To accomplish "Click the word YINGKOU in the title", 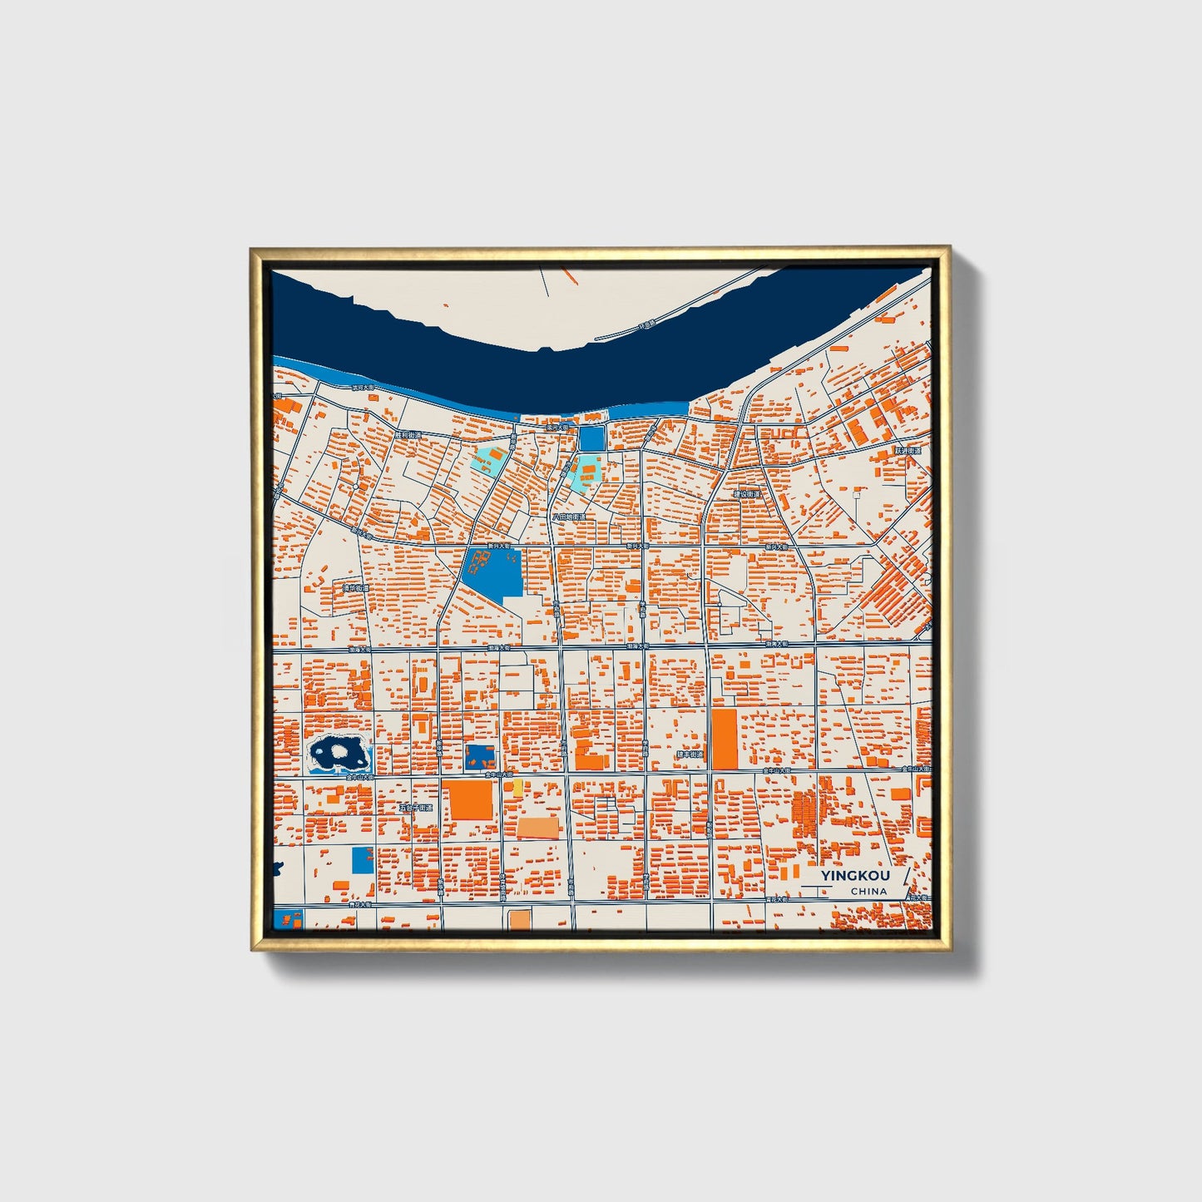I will (855, 876).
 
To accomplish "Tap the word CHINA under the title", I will (868, 892).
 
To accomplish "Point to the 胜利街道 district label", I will (408, 435).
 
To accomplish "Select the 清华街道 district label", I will (355, 588).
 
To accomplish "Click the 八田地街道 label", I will (569, 517).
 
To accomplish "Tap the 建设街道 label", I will (746, 494).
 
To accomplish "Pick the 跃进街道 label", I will (908, 451).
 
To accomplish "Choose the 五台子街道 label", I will (416, 808).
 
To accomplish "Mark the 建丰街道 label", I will (689, 754).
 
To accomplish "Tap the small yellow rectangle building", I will (517, 787).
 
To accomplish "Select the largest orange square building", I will (471, 799).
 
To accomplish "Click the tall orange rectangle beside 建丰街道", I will (724, 739).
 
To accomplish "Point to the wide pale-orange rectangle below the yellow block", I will (538, 827).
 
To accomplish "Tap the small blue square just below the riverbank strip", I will (591, 438).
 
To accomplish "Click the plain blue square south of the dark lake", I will (363, 860).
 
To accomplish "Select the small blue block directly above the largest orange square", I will (479, 756).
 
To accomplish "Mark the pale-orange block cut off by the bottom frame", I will (520, 919).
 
